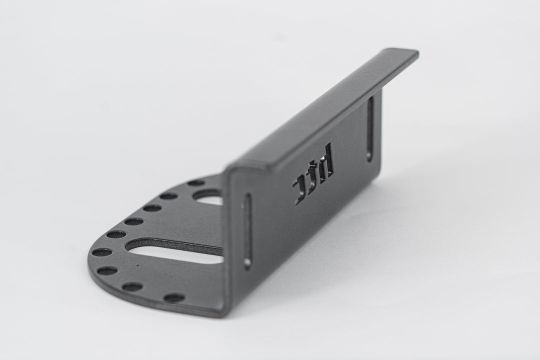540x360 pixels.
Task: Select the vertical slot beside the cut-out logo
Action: (370, 128)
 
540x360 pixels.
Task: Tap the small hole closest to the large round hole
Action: (196, 183)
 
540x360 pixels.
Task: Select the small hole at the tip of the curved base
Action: (101, 252)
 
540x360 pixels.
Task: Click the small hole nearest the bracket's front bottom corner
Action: (174, 297)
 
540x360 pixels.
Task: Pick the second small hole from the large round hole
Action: (169, 196)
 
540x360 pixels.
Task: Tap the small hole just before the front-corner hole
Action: (132, 286)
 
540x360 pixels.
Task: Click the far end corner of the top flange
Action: (417, 52)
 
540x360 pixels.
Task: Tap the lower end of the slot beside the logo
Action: (369, 157)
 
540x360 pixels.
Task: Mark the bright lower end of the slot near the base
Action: (247, 264)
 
